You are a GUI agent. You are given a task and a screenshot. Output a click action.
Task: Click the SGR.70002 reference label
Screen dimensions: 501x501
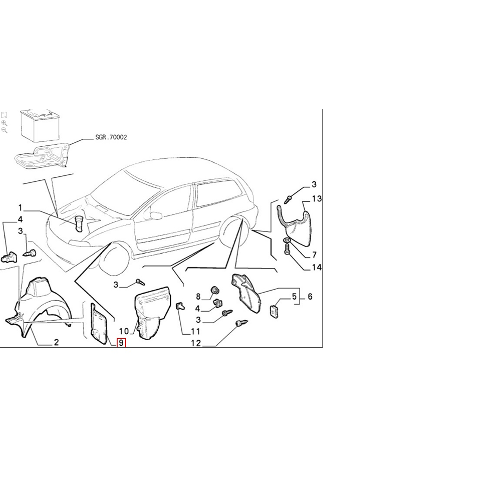point(111,137)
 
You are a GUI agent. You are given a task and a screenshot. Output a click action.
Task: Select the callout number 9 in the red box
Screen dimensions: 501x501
point(121,343)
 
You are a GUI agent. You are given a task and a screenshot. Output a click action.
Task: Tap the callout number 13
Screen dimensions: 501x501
point(316,199)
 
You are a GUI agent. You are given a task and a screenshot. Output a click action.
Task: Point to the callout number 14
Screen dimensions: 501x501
point(316,267)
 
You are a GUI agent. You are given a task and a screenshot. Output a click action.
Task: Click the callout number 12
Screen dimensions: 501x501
point(196,343)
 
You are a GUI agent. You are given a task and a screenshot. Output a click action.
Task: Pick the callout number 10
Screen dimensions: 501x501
point(124,331)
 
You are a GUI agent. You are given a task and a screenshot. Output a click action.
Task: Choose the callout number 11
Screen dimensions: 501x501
point(195,332)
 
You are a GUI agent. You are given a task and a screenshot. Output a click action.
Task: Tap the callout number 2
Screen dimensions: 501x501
point(56,342)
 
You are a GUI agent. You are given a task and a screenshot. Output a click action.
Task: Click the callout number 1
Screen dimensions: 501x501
point(20,208)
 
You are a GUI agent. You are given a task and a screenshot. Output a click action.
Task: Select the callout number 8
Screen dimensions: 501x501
point(198,297)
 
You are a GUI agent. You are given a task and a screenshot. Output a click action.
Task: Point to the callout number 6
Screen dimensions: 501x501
point(310,297)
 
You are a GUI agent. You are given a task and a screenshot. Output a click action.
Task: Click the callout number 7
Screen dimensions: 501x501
point(314,255)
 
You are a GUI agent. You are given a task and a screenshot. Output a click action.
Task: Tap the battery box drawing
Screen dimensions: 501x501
point(40,125)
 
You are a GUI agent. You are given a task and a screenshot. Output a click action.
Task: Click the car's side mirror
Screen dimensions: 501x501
point(156,215)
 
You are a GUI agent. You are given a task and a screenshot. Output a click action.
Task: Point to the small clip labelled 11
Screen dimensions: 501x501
point(180,306)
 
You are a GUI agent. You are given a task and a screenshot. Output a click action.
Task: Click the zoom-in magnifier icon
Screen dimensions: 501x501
point(4,123)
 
